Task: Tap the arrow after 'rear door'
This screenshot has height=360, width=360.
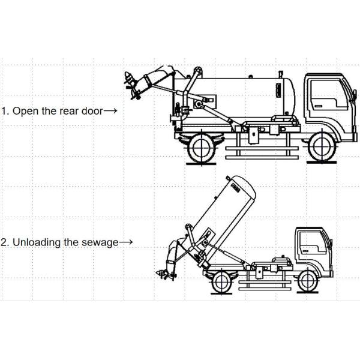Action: pyautogui.click(x=110, y=111)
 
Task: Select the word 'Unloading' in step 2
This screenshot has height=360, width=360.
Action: pyautogui.click(x=35, y=242)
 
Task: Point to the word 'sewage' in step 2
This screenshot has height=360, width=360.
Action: pyautogui.click(x=101, y=242)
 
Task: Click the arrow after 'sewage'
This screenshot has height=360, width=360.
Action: pyautogui.click(x=126, y=242)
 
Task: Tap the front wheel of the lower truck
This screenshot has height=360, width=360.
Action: pyautogui.click(x=307, y=280)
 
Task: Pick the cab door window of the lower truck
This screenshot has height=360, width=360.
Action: pyautogui.click(x=311, y=241)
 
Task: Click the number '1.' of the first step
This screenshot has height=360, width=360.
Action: pyautogui.click(x=5, y=111)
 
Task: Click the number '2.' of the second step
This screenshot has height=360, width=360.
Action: pyautogui.click(x=5, y=242)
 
